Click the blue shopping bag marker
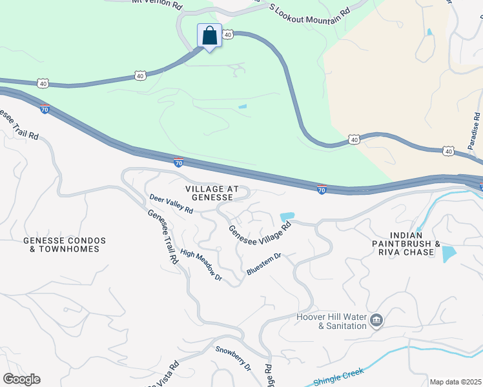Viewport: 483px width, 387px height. tap(209, 36)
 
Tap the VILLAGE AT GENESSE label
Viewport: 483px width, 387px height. tap(212, 193)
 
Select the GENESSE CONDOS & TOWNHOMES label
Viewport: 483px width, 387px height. tap(64, 244)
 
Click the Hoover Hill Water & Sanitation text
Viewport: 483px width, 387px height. tap(331, 321)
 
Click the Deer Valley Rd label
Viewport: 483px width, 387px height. tap(171, 204)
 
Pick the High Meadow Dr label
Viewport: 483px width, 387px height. tap(201, 265)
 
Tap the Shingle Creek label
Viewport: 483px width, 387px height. tap(339, 376)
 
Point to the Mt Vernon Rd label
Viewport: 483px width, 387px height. tap(156, 4)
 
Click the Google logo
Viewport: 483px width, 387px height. tap(21, 379)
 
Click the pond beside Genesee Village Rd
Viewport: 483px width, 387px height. tap(287, 217)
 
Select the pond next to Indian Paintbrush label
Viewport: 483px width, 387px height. tap(448, 253)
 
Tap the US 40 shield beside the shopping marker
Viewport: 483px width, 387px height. tap(227, 36)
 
